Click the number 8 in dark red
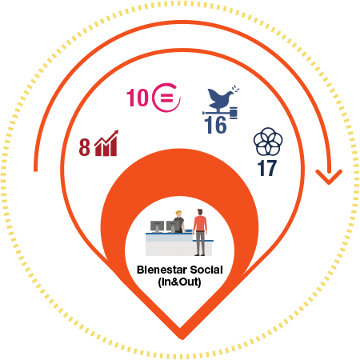point(85,147)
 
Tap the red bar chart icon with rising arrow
point(106,143)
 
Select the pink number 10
point(138,98)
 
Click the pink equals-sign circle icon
point(166,98)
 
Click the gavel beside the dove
point(234,112)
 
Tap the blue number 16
point(215,126)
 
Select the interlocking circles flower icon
point(268,142)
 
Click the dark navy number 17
point(267,168)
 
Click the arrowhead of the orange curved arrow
point(329,177)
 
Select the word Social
point(206,270)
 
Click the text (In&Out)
point(179,282)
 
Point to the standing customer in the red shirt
point(200,232)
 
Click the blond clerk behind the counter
point(178,222)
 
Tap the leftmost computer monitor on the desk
point(157,226)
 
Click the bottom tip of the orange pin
point(182,339)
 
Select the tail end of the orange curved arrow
point(35,170)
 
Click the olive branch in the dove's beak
point(235,89)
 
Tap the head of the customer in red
point(200,212)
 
